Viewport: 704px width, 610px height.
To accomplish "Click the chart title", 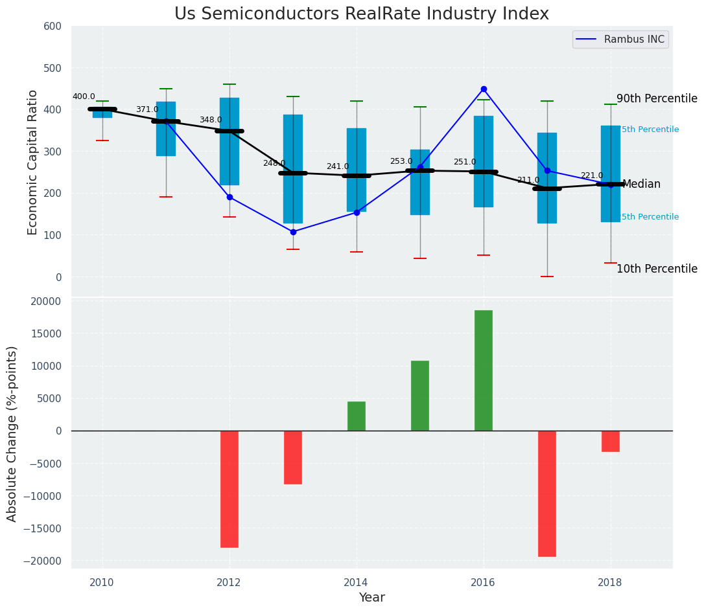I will [361, 14].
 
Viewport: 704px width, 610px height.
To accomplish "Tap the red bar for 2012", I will [229, 489].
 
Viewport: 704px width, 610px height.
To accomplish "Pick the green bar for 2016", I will [484, 370].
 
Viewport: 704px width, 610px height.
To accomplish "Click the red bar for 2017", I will [547, 493].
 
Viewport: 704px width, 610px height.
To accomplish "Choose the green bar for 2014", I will [357, 416].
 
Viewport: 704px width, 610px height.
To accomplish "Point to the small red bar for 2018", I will [611, 441].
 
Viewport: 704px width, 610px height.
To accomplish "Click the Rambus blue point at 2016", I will [484, 89].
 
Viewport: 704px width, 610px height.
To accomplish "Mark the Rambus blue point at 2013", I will [293, 232].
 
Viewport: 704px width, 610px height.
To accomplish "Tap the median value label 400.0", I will [84, 96].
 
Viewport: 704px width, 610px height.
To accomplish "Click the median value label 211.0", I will [528, 180].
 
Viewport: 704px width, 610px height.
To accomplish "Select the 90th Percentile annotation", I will [657, 99].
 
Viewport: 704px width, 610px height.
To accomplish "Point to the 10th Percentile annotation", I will [657, 269].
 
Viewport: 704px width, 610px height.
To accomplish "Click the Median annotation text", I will [641, 185].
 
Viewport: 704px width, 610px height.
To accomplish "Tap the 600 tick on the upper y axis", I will [53, 26].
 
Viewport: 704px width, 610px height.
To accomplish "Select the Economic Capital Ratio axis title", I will [33, 162].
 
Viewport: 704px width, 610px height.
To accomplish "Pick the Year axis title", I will [372, 598].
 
